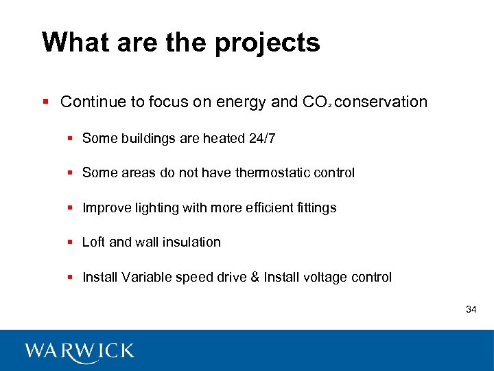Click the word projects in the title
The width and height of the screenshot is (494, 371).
click(x=268, y=43)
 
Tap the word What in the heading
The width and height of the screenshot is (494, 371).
click(x=73, y=42)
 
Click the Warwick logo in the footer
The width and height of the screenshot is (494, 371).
click(x=80, y=351)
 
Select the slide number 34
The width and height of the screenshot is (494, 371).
click(x=471, y=310)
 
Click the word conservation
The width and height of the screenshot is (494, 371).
click(x=382, y=102)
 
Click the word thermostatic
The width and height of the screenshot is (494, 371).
click(x=271, y=173)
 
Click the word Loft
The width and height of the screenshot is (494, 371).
click(x=93, y=242)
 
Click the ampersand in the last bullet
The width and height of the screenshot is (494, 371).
click(x=254, y=278)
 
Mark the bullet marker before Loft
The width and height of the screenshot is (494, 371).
click(x=71, y=243)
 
